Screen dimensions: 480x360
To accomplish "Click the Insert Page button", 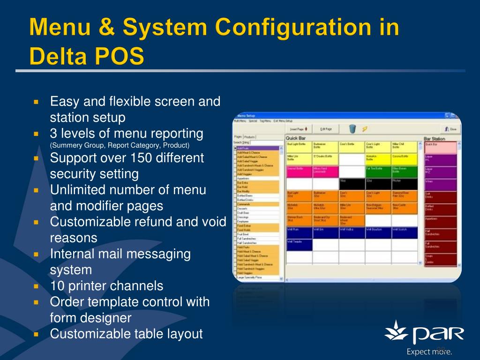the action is point(298,128).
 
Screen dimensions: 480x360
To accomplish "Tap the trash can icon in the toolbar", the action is point(352,128).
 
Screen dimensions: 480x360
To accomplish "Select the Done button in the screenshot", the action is point(450,129).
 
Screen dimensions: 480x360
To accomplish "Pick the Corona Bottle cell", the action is point(404,158).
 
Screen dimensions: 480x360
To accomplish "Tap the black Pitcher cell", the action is point(404,183).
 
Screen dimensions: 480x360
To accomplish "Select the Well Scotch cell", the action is point(404,232).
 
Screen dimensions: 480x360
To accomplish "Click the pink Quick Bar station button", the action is point(440,147).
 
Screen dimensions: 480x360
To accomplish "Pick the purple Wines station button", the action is point(440,184).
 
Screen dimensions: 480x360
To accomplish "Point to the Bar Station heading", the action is point(434,139).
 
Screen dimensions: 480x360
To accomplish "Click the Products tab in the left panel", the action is point(249,137).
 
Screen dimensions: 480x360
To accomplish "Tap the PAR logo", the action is point(424,334).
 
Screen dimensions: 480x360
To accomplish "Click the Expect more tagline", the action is point(429,352).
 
